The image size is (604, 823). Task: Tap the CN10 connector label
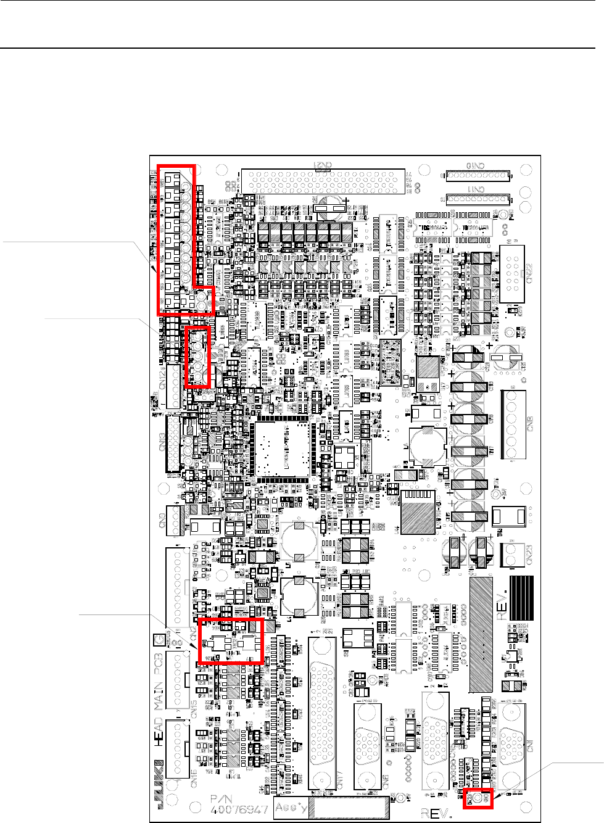[476, 165]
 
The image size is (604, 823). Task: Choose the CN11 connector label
[476, 189]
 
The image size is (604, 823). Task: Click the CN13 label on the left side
[162, 442]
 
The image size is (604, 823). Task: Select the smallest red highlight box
[478, 799]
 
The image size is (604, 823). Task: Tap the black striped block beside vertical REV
[521, 598]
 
